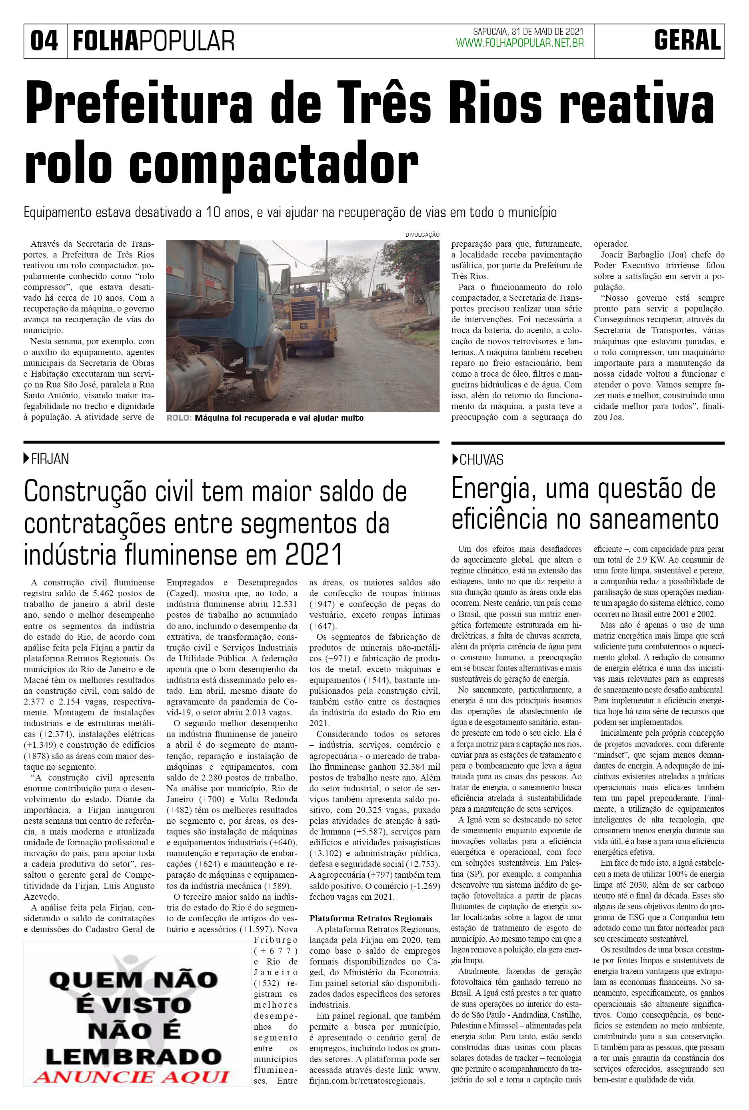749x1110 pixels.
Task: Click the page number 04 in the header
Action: (x=44, y=41)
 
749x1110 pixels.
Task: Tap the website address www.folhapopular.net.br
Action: (x=520, y=44)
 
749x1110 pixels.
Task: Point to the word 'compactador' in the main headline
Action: (x=273, y=164)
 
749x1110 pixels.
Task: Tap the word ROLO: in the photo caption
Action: (x=179, y=418)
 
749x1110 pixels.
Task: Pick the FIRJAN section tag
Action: (x=50, y=459)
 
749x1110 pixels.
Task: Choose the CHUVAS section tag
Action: (x=481, y=460)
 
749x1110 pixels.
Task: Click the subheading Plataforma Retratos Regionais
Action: (x=371, y=918)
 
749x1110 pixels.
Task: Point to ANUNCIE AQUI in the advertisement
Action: (x=131, y=1077)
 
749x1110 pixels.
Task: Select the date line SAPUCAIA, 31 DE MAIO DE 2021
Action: (x=528, y=32)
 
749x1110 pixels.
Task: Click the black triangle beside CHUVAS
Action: (x=455, y=459)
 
